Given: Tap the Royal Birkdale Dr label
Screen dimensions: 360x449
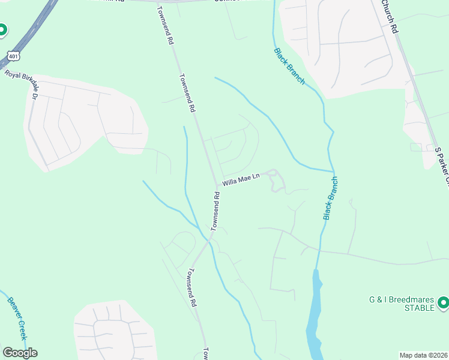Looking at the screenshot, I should (x=21, y=83).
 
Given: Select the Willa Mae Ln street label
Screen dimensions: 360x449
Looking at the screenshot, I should (x=241, y=179).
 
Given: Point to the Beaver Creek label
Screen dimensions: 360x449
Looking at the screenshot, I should (x=20, y=317).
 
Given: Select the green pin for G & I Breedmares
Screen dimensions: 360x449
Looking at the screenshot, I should (x=443, y=303).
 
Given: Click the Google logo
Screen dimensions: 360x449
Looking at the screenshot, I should (x=20, y=353).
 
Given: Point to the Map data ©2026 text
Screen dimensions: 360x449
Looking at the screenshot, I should (x=423, y=355).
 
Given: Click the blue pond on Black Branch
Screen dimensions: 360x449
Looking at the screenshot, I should (x=314, y=318).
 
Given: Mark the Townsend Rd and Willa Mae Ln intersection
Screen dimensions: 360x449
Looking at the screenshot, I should (x=217, y=186).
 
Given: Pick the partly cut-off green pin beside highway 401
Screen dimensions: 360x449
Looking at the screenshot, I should (x=2, y=29).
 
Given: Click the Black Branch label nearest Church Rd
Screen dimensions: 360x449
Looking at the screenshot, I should (x=289, y=66).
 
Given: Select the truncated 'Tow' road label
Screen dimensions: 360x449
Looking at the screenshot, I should (x=205, y=353).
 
